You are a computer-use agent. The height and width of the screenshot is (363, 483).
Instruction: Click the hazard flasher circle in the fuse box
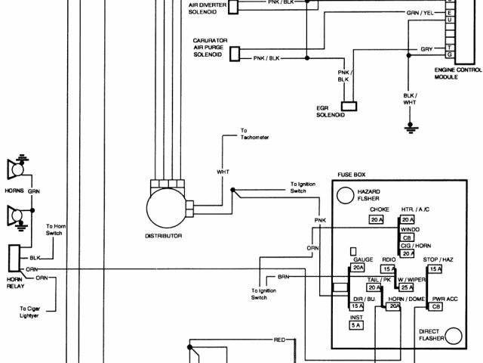346,196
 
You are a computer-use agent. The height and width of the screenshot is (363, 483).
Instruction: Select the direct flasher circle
453,335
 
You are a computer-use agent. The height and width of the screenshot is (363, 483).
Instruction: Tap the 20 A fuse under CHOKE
377,219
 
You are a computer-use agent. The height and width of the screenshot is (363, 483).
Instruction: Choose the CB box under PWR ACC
436,307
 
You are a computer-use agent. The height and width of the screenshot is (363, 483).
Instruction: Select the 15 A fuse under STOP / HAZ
435,268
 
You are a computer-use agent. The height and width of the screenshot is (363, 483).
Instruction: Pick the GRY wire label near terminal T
426,50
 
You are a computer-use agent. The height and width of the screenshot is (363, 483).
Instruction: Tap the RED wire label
279,341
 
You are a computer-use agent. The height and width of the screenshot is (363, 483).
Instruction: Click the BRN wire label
283,278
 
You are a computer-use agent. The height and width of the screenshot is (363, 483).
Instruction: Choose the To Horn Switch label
57,230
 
